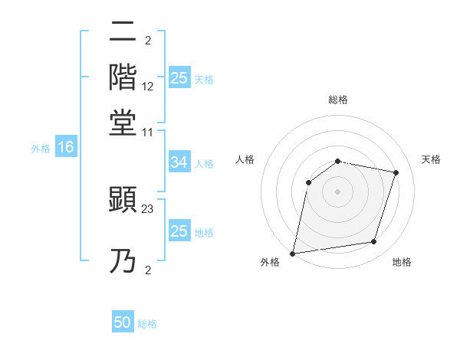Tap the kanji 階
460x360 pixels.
point(123,77)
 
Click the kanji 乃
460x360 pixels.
point(123,261)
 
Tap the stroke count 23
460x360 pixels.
point(148,208)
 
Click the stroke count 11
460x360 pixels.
point(148,132)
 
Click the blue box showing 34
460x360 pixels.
point(179,162)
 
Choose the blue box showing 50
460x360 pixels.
point(123,322)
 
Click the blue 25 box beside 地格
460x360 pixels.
point(179,231)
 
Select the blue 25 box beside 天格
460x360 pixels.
point(179,78)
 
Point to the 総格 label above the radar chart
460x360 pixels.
point(338,100)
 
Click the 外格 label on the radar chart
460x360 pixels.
point(270,263)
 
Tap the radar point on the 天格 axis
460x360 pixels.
point(396,172)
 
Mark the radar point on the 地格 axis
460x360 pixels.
point(374,242)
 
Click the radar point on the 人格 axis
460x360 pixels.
point(309,182)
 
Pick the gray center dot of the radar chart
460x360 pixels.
point(337,191)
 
